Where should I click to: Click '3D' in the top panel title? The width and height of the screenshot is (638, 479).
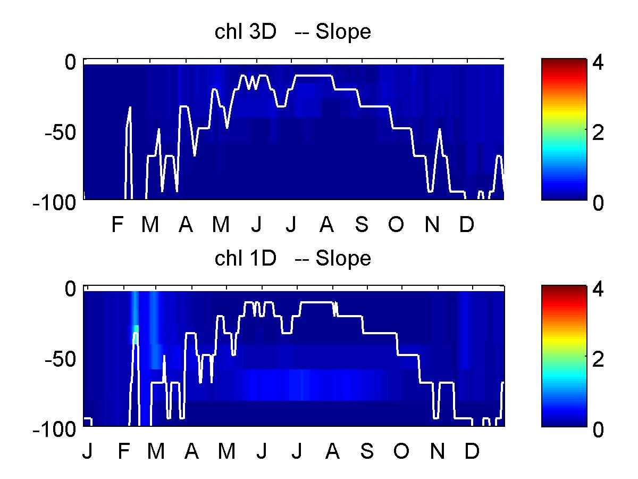click(x=263, y=31)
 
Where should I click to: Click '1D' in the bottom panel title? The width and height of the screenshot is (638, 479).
click(x=263, y=258)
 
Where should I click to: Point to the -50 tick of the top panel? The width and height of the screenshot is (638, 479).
click(x=60, y=133)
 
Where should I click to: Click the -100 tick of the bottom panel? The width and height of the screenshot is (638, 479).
click(x=54, y=430)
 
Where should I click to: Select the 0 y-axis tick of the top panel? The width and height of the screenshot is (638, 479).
click(x=70, y=62)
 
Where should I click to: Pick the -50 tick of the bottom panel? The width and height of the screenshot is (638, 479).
click(x=60, y=359)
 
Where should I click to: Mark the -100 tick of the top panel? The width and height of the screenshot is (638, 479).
click(x=54, y=202)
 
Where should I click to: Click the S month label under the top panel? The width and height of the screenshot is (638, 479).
click(x=362, y=224)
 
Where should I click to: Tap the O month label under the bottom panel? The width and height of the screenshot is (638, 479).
click(x=401, y=451)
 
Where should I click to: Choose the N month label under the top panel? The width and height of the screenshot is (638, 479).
click(x=432, y=224)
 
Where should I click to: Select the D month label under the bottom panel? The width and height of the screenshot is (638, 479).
click(x=472, y=451)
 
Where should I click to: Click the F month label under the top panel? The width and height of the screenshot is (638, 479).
click(x=117, y=224)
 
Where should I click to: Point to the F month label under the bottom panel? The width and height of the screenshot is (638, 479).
click(x=123, y=451)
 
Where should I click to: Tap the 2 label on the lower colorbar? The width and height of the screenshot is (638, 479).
click(x=598, y=359)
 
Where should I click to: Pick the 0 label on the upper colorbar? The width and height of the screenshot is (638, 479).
click(x=598, y=202)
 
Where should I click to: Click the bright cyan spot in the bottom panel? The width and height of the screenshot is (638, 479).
click(x=136, y=329)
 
